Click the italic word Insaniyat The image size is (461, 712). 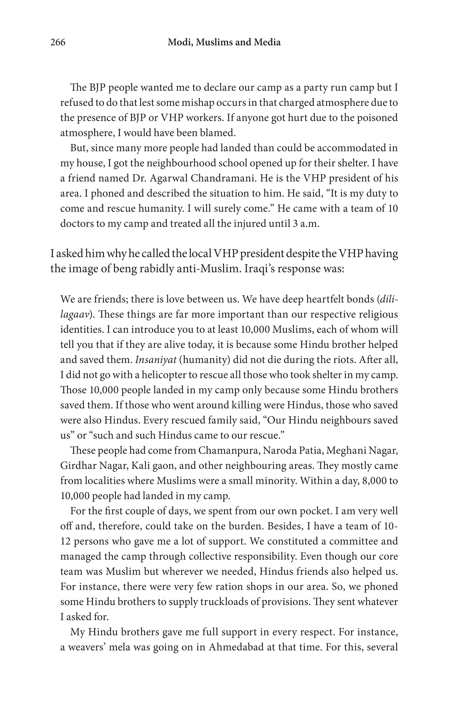point(156,360)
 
